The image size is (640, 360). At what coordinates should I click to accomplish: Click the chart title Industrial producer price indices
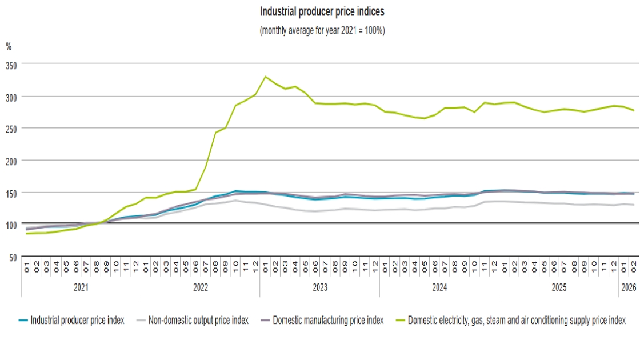coord(322,11)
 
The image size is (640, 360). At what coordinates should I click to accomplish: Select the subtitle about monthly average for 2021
coord(322,31)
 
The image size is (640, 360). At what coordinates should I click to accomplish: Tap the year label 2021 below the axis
coord(81,287)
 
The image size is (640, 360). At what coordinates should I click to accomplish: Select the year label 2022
coord(200,287)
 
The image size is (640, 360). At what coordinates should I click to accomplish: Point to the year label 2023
coord(319,287)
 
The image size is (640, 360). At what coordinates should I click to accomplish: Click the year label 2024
coord(439,287)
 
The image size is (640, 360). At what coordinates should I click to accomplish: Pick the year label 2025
coord(558,287)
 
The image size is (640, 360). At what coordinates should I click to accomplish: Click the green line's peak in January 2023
coord(265,77)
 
